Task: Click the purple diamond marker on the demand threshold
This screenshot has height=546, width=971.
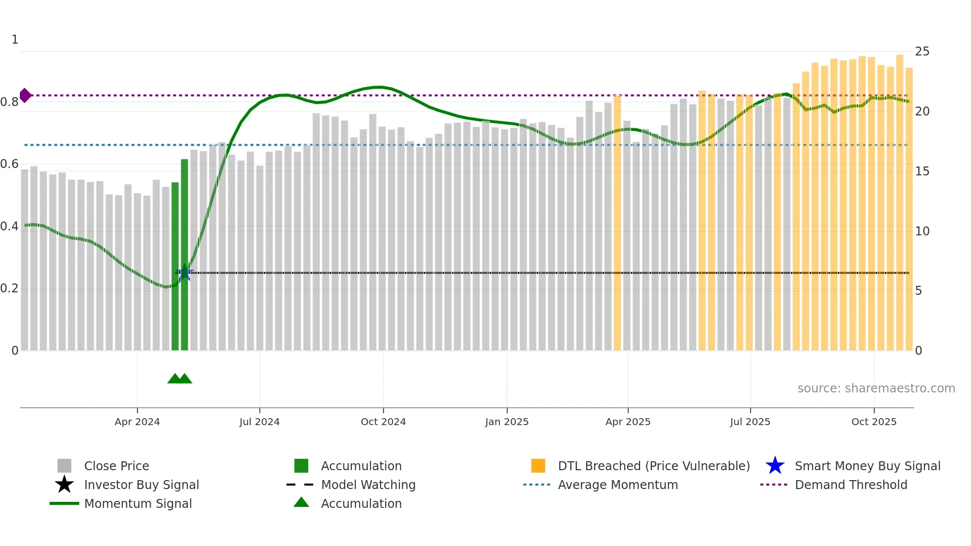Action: click(25, 95)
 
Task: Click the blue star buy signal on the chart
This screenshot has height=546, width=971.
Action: click(184, 272)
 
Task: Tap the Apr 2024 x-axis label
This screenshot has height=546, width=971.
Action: click(137, 422)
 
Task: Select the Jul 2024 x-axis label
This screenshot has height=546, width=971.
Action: click(259, 422)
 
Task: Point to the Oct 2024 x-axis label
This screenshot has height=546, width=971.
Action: click(383, 422)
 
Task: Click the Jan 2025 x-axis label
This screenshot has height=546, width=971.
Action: click(507, 422)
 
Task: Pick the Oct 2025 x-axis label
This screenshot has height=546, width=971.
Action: click(874, 422)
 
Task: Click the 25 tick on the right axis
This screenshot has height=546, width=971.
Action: click(922, 52)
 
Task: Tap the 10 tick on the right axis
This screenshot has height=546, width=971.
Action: click(922, 231)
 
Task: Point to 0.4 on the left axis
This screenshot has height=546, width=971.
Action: click(9, 226)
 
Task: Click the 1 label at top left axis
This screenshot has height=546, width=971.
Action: click(15, 40)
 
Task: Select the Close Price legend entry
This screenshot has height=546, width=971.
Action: click(116, 466)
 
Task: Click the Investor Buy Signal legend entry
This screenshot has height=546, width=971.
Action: click(141, 485)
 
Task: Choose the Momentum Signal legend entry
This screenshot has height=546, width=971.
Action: click(138, 503)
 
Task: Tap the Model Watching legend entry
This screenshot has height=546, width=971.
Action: click(368, 485)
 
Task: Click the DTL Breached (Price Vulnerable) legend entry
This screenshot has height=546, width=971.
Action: click(653, 466)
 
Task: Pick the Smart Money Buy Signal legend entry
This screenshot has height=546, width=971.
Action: click(867, 466)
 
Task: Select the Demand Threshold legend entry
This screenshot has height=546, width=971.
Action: click(851, 485)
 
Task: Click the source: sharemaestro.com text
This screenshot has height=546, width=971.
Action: click(876, 388)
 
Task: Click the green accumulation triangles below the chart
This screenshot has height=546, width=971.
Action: click(179, 379)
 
